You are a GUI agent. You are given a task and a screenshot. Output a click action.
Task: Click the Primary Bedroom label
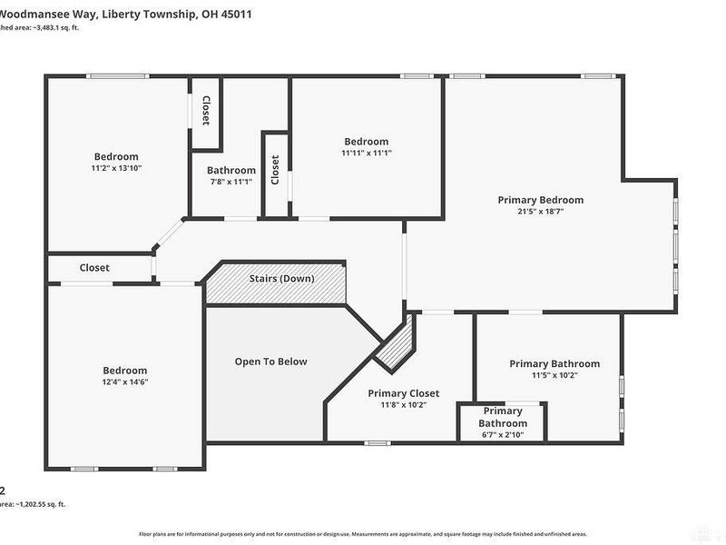(x=540, y=200)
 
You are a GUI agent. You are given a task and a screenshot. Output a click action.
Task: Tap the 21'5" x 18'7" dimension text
(x=540, y=212)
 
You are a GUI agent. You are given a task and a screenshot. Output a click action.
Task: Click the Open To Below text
(x=270, y=362)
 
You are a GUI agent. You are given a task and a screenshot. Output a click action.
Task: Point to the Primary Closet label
(x=403, y=393)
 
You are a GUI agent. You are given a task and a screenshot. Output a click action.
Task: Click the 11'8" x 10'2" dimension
(x=403, y=405)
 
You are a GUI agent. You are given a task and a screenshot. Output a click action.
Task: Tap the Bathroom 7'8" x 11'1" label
(x=231, y=170)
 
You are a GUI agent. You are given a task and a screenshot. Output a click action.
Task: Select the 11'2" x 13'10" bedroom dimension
(x=116, y=168)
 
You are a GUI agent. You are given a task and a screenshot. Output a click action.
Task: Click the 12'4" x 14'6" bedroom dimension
(x=124, y=382)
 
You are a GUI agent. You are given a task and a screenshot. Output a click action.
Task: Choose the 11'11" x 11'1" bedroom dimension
(x=366, y=154)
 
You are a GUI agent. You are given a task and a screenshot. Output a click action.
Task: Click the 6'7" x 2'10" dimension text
(x=502, y=435)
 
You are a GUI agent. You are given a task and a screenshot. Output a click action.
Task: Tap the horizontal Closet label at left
(x=94, y=268)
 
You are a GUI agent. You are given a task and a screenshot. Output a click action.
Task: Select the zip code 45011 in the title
(x=234, y=15)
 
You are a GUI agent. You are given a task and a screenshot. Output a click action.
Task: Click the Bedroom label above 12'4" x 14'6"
(x=124, y=371)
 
